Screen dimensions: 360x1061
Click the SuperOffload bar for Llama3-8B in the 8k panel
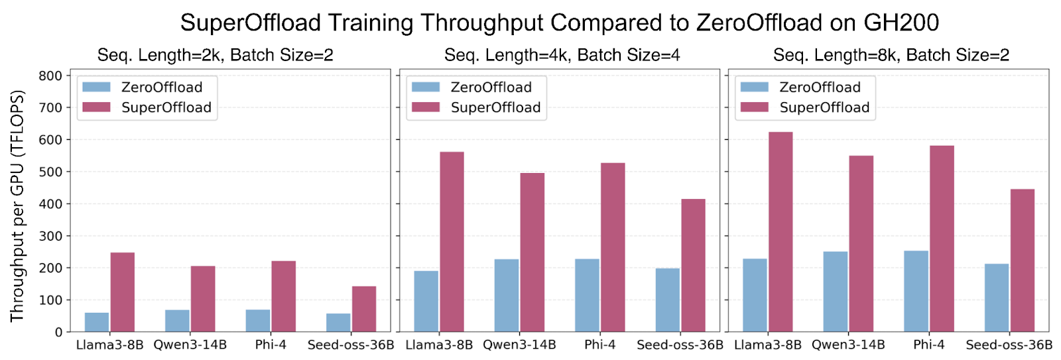pos(780,232)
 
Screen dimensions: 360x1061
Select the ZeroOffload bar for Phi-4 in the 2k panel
pos(258,321)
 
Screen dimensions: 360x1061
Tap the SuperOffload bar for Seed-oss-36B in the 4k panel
pos(693,265)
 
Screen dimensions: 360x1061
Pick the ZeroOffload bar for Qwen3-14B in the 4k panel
pos(507,296)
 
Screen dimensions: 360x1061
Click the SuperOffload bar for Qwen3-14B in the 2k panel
pos(203,299)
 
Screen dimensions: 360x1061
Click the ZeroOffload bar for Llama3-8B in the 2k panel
pos(97,322)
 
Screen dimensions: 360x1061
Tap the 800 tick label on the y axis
pos(50,76)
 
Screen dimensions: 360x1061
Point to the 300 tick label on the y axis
pos(50,236)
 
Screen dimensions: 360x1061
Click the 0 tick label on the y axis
pos(59,332)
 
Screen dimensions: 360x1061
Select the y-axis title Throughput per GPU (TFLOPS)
pos(17,206)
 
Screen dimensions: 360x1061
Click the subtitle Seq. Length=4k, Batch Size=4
pos(562,55)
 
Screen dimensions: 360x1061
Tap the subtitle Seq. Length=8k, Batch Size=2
pos(891,55)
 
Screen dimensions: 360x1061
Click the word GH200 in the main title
pos(901,23)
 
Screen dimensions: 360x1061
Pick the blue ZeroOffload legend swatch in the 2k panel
pos(97,87)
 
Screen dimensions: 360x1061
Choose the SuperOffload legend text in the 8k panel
pos(824,107)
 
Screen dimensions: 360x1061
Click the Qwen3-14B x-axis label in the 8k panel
pos(848,345)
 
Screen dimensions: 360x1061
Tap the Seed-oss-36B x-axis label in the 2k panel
pos(351,345)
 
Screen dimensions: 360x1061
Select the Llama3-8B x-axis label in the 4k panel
pos(439,345)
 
